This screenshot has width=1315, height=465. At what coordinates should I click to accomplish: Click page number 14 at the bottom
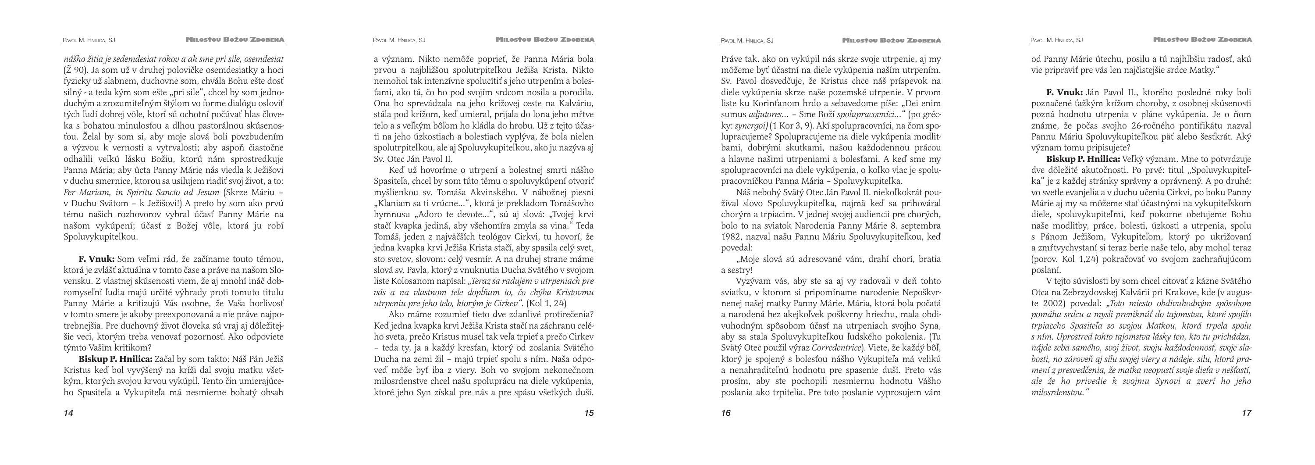[x=68, y=413]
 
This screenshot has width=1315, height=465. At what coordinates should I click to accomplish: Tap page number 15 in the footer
[x=589, y=413]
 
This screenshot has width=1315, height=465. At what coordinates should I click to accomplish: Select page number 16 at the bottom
[x=726, y=413]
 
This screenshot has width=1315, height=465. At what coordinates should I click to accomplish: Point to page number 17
[x=1246, y=413]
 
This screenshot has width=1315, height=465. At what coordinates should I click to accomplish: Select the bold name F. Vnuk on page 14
[x=96, y=259]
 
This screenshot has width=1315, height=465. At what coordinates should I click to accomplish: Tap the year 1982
[x=731, y=237]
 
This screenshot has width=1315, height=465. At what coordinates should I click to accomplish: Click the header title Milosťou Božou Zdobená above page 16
[x=892, y=40]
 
